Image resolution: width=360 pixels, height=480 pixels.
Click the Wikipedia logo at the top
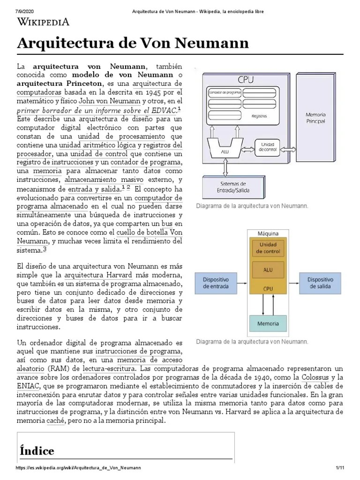43,22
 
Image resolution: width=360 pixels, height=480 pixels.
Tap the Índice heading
37,451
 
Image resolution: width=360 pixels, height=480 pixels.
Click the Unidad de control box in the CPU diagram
268,147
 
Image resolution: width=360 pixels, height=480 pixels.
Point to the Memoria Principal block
315,118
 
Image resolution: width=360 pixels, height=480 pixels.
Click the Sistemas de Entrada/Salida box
233,187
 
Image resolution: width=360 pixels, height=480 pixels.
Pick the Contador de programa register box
224,92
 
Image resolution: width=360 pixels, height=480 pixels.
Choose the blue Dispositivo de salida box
320,283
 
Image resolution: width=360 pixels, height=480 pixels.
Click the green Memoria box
268,323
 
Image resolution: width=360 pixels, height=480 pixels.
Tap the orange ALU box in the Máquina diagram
268,270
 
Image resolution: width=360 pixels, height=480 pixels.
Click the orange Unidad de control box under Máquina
268,247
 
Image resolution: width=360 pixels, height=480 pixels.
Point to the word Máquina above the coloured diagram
268,233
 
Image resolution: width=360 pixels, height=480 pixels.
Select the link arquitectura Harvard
98,275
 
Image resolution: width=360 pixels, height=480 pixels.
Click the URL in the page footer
78,468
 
